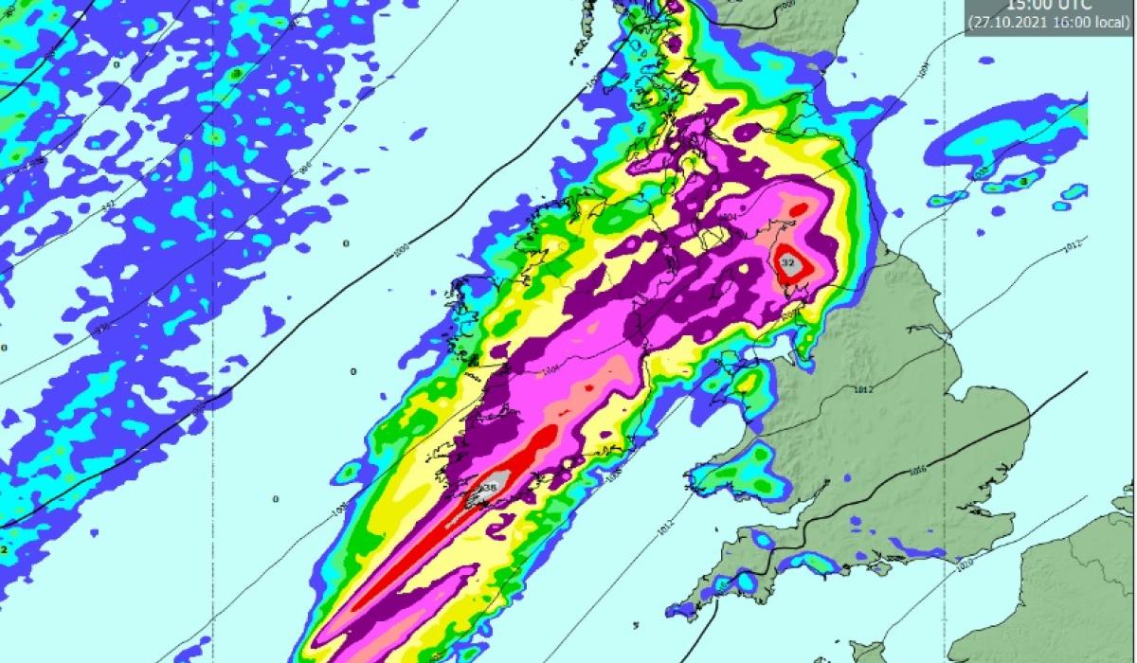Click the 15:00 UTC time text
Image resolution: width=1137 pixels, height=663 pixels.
pos(1047,5)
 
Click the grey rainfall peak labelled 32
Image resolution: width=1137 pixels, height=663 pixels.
pos(788,263)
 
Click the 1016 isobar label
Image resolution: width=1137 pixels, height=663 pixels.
pos(916,471)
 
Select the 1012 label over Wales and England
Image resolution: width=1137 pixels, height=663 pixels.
pos(862,389)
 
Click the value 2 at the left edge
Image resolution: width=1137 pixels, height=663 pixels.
pos(5,548)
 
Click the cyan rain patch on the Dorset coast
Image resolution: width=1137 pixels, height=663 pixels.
pos(815,564)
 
